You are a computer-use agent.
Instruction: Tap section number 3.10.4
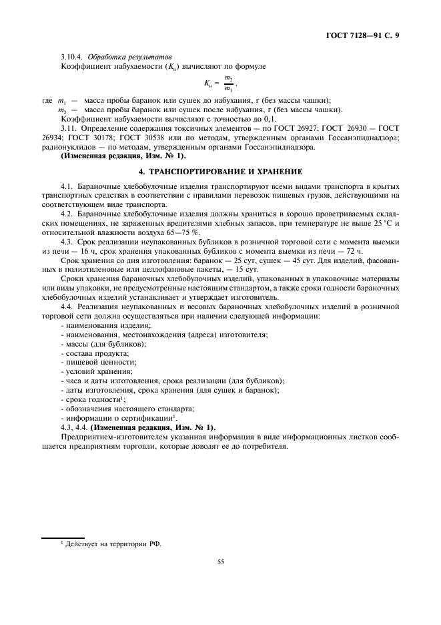71,57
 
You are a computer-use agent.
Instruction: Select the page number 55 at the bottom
220,562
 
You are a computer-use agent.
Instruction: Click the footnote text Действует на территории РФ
113,543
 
